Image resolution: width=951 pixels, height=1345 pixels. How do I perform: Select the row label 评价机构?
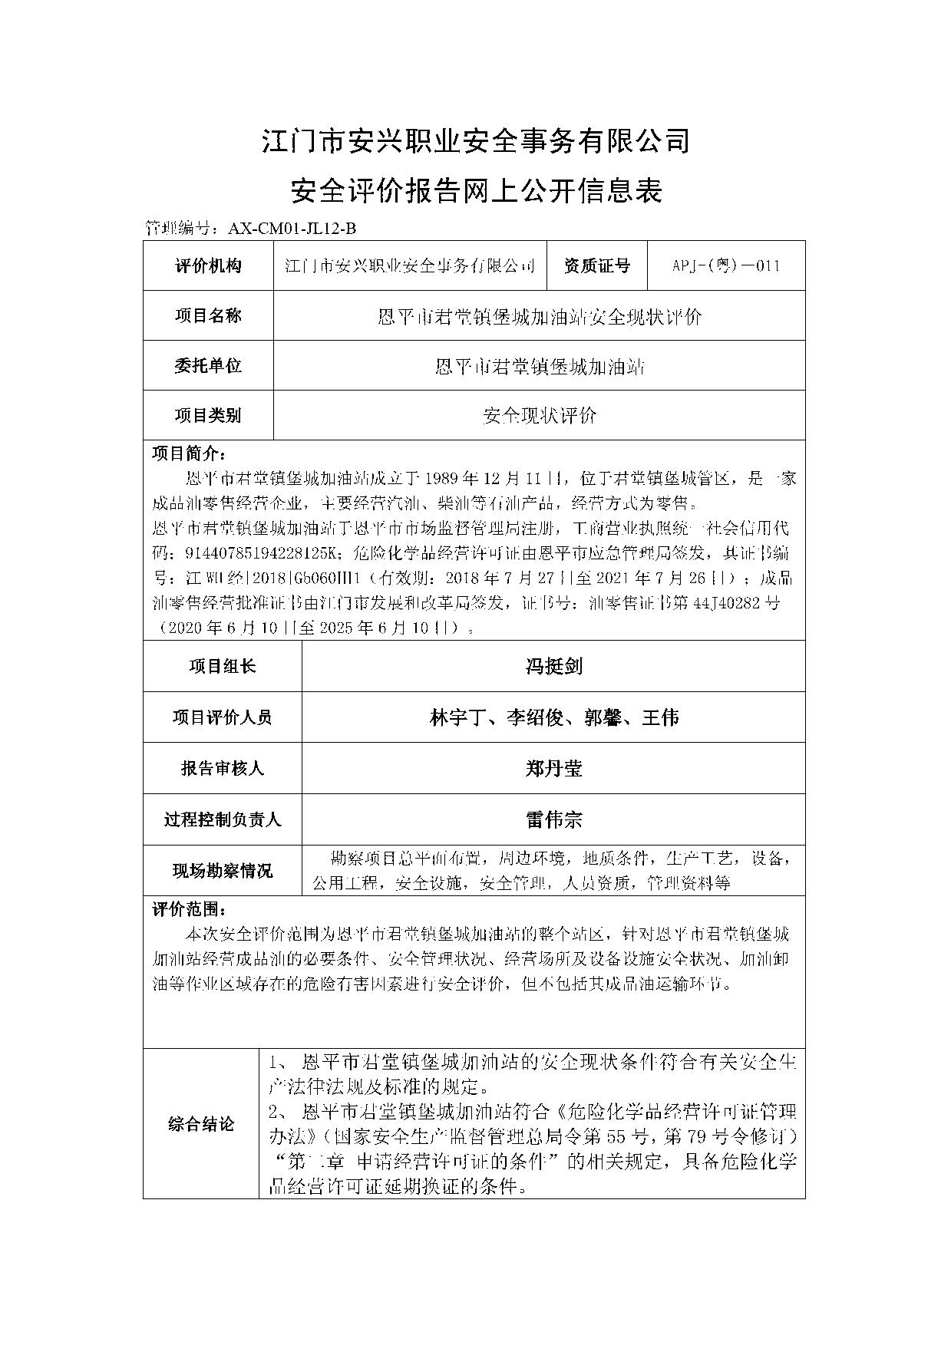[x=208, y=265]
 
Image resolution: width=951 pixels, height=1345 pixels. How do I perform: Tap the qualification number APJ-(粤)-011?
[x=726, y=265]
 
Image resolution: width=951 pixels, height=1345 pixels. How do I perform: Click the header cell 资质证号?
[x=596, y=265]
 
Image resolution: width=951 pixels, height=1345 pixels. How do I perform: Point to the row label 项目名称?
[x=208, y=315]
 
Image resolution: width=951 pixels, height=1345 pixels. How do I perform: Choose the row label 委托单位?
[x=208, y=365]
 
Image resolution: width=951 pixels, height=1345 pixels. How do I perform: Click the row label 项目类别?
[x=208, y=415]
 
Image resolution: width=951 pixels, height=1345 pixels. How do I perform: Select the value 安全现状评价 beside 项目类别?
[x=540, y=415]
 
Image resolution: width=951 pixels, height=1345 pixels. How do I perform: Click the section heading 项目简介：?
[x=189, y=453]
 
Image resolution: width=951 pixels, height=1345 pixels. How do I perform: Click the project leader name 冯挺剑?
[x=553, y=666]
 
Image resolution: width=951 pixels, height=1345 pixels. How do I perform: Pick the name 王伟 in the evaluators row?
[x=660, y=717]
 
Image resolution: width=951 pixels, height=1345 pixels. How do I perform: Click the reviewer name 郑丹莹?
[x=553, y=768]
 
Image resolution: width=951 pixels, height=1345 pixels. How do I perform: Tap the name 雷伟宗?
[x=553, y=819]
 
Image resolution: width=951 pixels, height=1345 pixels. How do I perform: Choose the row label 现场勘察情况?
[x=222, y=871]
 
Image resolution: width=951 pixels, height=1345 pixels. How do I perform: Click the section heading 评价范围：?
[x=189, y=910]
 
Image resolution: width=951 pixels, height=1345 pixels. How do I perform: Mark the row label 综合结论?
[x=201, y=1125]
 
